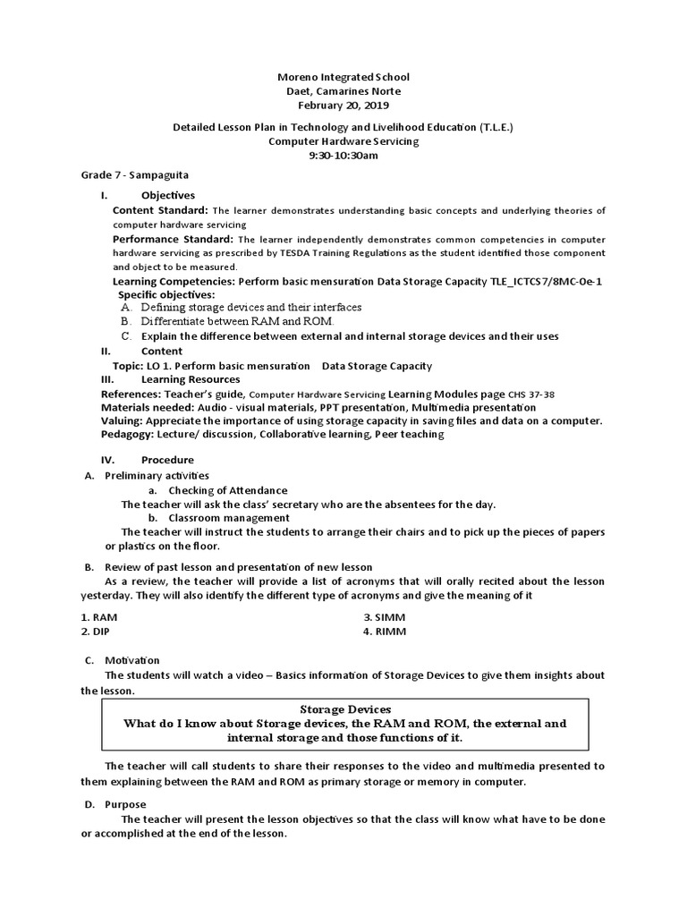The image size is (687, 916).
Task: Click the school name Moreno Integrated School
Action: (x=343, y=78)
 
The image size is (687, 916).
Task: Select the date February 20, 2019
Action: (x=343, y=105)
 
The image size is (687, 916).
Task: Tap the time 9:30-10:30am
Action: (x=343, y=155)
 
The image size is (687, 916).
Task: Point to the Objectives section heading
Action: (x=167, y=195)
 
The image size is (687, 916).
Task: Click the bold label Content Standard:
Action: (x=160, y=210)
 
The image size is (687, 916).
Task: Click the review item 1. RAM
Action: (x=98, y=617)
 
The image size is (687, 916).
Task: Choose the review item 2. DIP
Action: (x=95, y=631)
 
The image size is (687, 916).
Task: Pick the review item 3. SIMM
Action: (x=380, y=617)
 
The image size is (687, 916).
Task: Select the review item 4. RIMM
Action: (x=380, y=631)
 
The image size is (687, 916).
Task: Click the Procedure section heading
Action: (x=167, y=460)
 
